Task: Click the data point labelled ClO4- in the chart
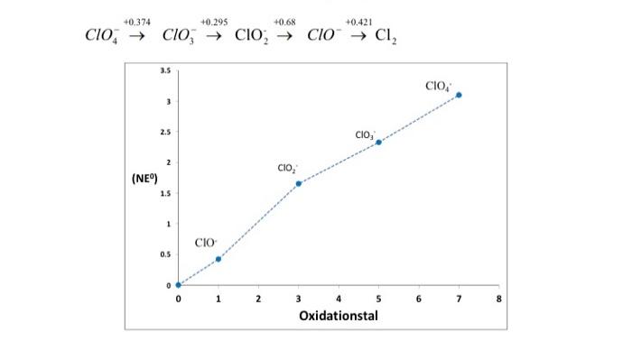coord(459,95)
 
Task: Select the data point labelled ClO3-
coord(378,142)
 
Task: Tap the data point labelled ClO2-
coord(299,183)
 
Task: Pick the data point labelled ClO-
coord(218,259)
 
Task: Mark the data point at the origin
coord(178,284)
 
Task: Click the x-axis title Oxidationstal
coord(339,316)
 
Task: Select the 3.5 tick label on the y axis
coord(163,70)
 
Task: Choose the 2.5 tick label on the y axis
coord(163,132)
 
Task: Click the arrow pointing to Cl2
coord(359,39)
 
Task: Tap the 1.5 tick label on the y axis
coord(163,193)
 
